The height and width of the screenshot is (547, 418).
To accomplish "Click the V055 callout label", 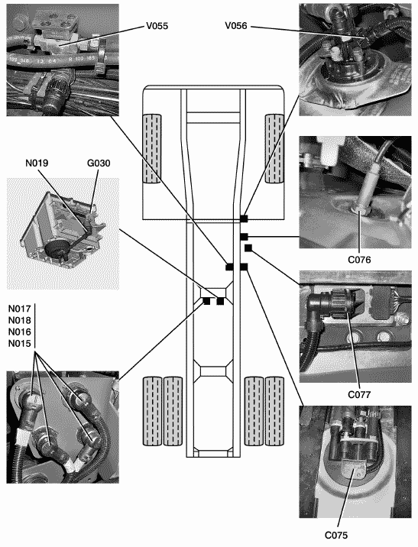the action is point(157,26).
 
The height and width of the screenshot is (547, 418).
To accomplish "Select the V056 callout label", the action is point(236,26).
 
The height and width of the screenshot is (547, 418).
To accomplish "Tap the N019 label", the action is point(37,163).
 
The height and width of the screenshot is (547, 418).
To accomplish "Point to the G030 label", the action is point(99,163).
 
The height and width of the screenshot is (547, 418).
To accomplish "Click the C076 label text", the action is point(359,260).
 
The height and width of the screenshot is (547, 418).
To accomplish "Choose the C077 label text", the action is point(359,394).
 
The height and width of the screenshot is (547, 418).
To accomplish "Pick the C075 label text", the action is point(336,535).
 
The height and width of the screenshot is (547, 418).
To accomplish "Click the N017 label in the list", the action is point(20,309).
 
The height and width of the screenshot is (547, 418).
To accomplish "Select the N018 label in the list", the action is point(20,320).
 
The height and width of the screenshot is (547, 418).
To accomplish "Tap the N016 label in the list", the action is point(20,332).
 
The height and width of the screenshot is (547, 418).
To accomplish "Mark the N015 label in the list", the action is point(20,343).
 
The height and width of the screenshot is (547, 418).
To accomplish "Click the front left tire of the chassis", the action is point(152,149).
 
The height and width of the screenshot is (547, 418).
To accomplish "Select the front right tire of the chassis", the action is point(274,149).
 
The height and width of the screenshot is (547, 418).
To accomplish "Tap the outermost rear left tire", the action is point(152,411).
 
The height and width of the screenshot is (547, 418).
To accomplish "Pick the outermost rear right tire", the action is point(274,411).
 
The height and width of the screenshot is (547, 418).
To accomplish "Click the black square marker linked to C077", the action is point(248,248).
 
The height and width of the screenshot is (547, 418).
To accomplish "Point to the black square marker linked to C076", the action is point(244,237).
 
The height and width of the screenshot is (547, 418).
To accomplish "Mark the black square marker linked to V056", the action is point(244,218).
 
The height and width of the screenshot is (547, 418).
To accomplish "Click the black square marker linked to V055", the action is point(229,267).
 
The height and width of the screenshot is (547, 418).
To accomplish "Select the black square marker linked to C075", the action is point(244,267).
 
